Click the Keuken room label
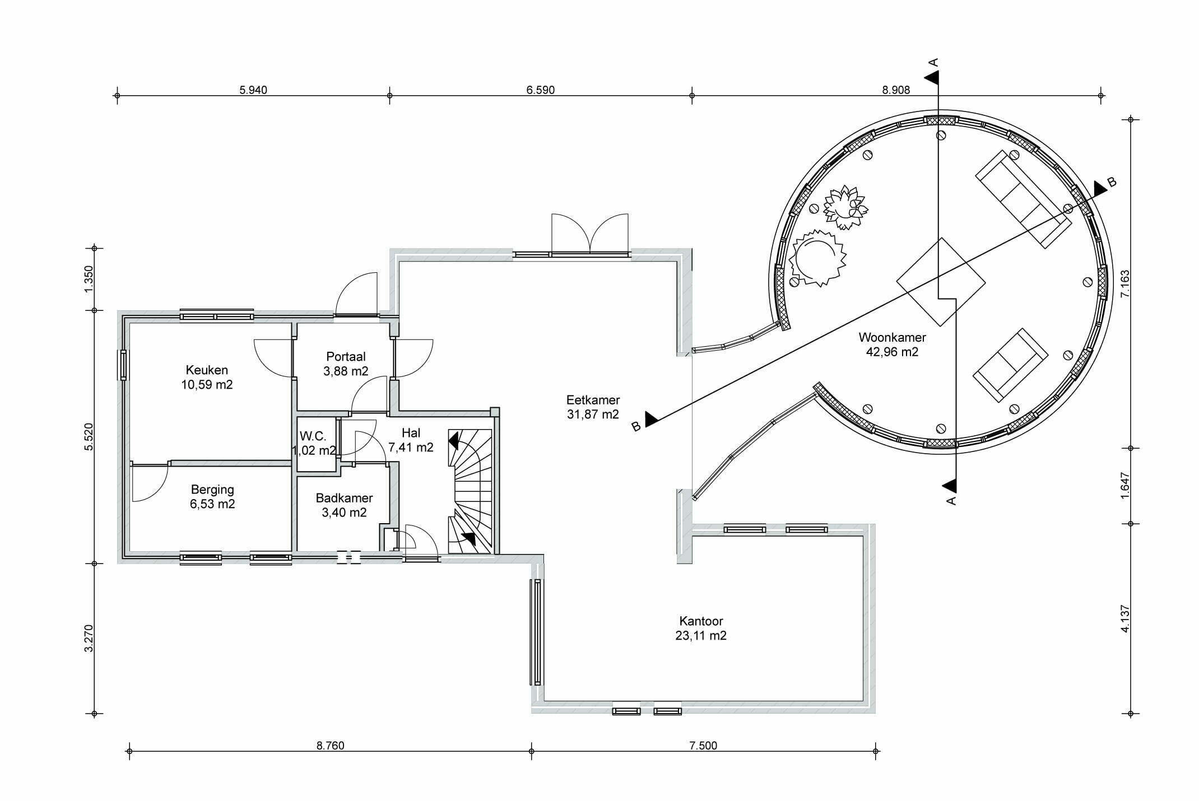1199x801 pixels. pos(207,377)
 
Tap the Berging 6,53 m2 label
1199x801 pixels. pos(212,496)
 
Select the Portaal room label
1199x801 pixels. pos(346,364)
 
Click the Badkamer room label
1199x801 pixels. pos(344,505)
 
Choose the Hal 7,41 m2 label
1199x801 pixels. pos(411,440)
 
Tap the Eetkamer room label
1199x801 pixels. pos(593,407)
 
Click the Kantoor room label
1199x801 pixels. pos(701,628)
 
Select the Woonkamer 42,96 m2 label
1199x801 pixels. pos(892,344)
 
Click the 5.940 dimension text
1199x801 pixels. pos(253,90)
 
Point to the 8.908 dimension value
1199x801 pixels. pos(896,90)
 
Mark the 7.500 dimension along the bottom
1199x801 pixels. pos(703,746)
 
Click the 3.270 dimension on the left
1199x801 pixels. pos(89,638)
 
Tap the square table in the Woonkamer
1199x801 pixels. pos(941,282)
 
